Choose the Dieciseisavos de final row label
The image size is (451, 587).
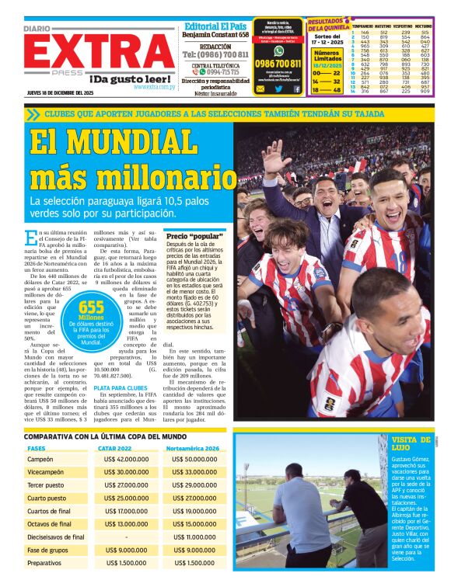pos(56,537)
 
